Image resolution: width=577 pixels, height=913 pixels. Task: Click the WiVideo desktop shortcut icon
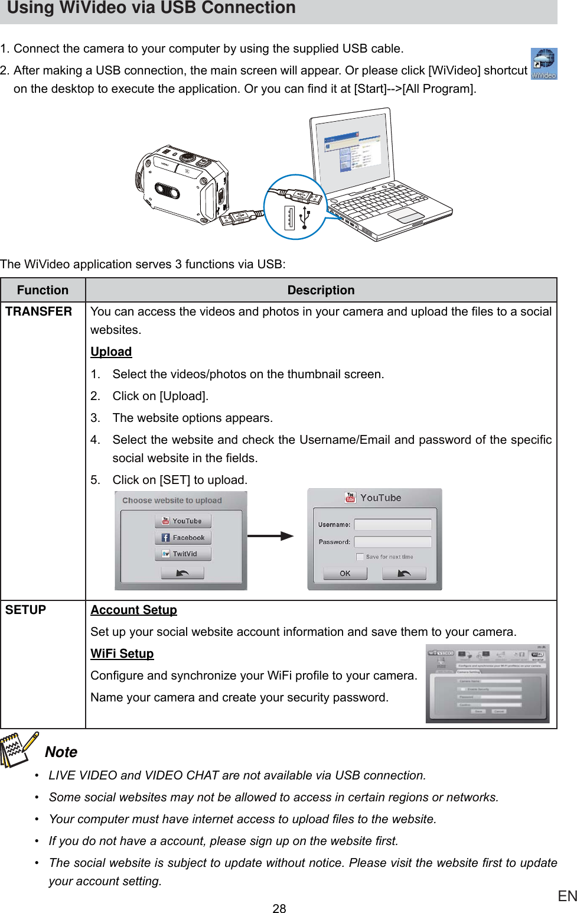click(x=543, y=63)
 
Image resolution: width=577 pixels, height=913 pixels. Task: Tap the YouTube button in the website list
click(x=182, y=521)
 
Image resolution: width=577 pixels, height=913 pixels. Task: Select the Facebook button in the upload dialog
click(x=182, y=538)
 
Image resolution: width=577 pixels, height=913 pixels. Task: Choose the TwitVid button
click(x=182, y=554)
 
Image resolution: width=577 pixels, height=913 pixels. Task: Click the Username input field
click(x=392, y=525)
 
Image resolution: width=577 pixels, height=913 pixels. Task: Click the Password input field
click(x=392, y=542)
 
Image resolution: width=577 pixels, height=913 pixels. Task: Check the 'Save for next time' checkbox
click(x=360, y=557)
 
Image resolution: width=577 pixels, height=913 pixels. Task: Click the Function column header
click(x=43, y=290)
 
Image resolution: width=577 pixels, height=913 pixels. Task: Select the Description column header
click(x=321, y=290)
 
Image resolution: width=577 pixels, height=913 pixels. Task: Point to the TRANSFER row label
click(x=39, y=311)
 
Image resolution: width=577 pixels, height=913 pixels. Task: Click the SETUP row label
click(x=26, y=610)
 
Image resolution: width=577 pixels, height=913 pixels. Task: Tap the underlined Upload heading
click(x=111, y=352)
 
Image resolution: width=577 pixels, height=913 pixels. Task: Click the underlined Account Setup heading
click(x=133, y=610)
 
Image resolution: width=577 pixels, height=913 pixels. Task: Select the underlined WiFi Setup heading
click(x=122, y=654)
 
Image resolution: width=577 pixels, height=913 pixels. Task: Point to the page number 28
click(x=279, y=908)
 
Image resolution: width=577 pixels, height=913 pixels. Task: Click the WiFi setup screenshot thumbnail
click(x=487, y=684)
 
